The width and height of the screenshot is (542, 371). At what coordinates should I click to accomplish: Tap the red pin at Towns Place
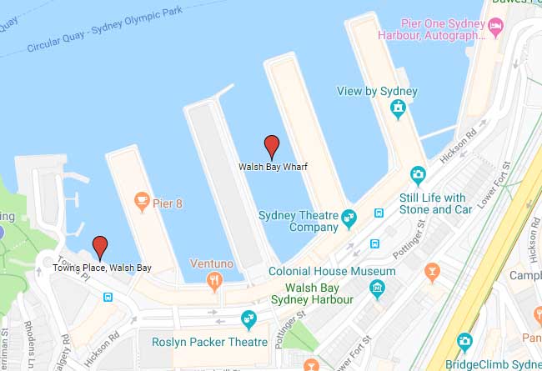101,246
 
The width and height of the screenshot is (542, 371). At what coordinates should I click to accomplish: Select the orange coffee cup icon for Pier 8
142,200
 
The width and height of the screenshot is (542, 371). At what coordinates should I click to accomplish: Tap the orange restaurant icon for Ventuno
215,280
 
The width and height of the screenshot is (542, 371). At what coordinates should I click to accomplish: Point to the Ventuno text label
211,263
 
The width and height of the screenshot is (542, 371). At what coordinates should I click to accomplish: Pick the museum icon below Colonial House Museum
378,289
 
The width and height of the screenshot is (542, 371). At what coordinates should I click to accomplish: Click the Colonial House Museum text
332,272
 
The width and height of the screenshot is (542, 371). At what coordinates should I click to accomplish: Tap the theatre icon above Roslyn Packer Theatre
248,319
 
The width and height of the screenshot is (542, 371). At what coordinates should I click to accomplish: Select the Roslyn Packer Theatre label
210,343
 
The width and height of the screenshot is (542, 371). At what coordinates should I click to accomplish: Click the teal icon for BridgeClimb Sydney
465,341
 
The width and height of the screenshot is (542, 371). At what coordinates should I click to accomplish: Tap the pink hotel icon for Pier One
495,28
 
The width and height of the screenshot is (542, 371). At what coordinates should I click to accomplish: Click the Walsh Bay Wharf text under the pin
273,167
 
